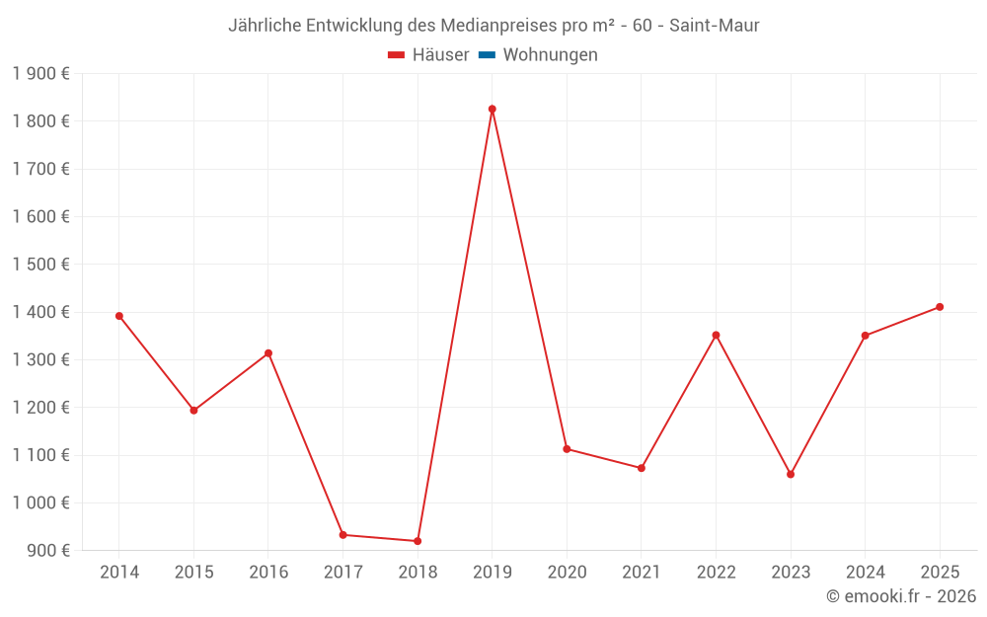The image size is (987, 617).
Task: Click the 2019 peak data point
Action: (492, 110)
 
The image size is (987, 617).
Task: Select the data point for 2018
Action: (418, 541)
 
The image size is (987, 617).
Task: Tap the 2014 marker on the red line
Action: (119, 316)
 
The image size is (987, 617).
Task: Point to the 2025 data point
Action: (940, 307)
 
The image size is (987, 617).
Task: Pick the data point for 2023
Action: (791, 474)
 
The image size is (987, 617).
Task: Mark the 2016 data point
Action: (268, 353)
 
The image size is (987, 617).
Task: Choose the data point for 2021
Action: (642, 468)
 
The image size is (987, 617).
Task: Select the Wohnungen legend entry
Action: (550, 55)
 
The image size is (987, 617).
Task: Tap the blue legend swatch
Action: (487, 55)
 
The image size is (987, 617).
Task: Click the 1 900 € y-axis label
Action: (40, 73)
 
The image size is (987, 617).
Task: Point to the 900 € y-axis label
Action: (47, 550)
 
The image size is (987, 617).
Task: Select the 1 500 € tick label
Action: (40, 264)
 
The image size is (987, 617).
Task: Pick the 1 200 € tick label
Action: (40, 407)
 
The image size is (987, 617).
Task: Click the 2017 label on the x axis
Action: (342, 573)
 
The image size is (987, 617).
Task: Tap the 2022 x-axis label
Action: (716, 573)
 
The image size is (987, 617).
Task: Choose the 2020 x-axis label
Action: (567, 573)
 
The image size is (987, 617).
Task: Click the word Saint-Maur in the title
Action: (714, 25)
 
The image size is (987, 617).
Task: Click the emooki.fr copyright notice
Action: (901, 596)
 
